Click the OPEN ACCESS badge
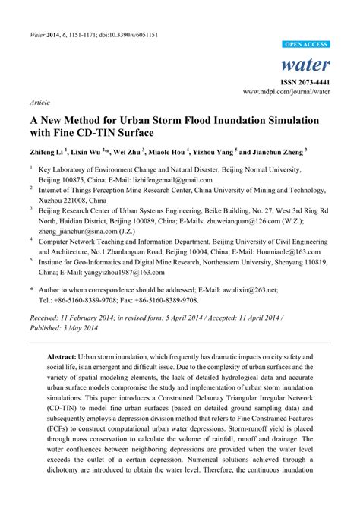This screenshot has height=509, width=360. [305, 45]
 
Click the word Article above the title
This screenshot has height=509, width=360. [39, 101]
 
